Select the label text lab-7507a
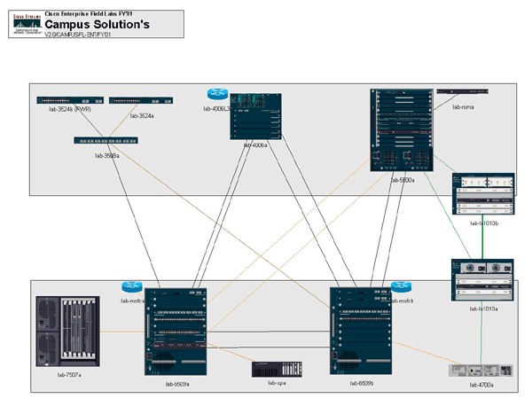click(68, 375)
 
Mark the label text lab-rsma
click(464, 106)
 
